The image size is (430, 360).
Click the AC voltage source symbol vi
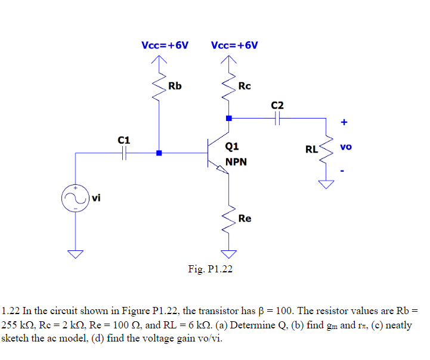76,199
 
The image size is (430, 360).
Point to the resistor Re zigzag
228,218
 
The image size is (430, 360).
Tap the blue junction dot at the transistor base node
159,153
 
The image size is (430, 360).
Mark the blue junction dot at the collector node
228,119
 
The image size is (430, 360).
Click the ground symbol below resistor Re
228,254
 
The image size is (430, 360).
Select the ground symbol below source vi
76,254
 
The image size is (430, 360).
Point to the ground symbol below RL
326,184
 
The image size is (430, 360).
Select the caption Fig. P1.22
210,269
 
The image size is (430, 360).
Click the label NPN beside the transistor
236,162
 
